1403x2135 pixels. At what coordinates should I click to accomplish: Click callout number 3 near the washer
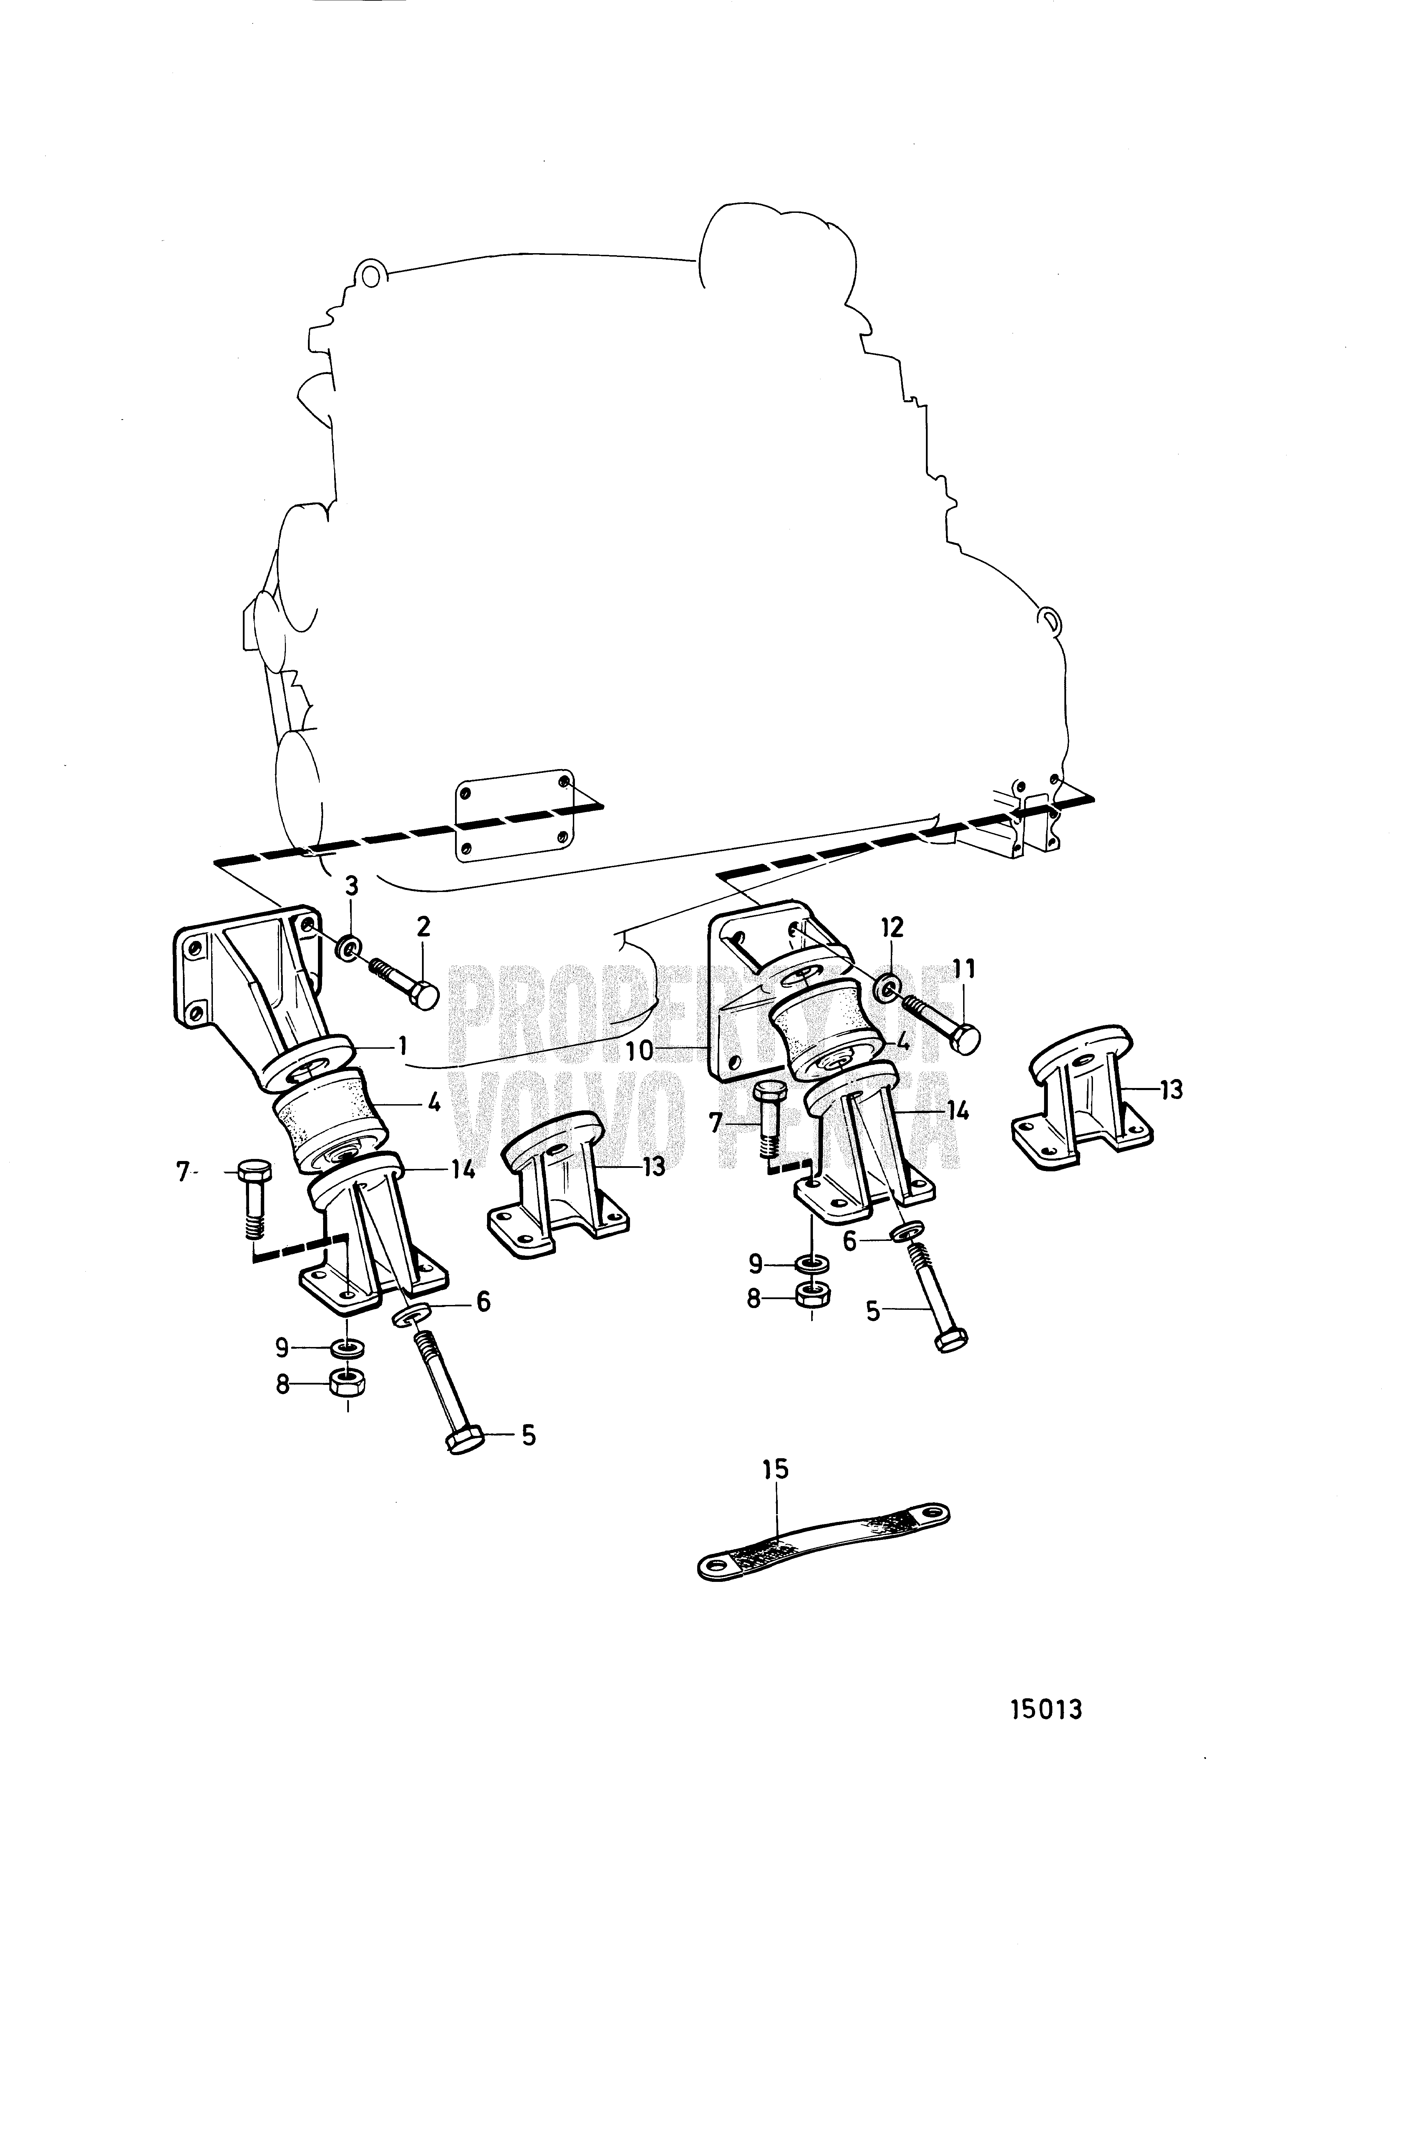[x=352, y=886]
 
